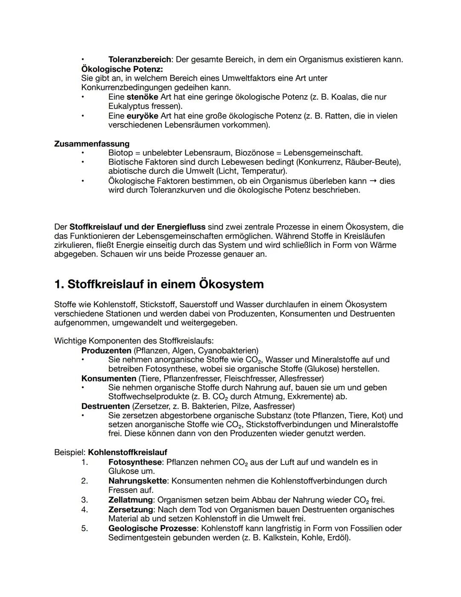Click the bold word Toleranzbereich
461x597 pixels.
pyautogui.click(x=140, y=59)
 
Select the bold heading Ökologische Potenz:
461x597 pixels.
pyautogui.click(x=122, y=69)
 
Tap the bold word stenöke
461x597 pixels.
pyautogui.click(x=143, y=97)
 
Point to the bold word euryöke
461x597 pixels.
pyautogui.click(x=143, y=116)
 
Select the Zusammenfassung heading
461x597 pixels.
pyautogui.click(x=92, y=144)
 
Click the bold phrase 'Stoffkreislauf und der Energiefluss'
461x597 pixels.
pyautogui.click(x=137, y=226)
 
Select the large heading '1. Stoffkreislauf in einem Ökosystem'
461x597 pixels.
pyautogui.click(x=159, y=284)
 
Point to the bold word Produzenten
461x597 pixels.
pyautogui.click(x=106, y=350)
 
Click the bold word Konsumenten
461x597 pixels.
pyautogui.click(x=108, y=378)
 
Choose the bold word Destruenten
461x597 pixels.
pyautogui.click(x=105, y=406)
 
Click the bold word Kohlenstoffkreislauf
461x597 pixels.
pyautogui.click(x=128, y=452)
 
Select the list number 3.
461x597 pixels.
pyautogui.click(x=85, y=500)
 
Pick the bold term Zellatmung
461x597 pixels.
pyautogui.click(x=130, y=500)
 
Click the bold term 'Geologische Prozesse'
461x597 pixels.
pyautogui.click(x=152, y=528)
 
